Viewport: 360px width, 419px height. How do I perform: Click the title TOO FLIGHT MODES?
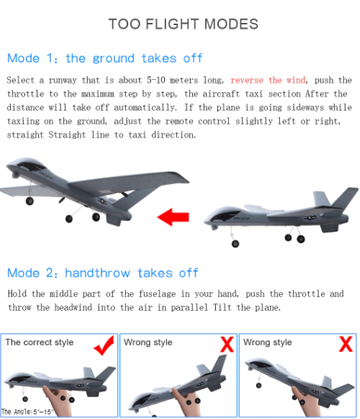[x=183, y=24]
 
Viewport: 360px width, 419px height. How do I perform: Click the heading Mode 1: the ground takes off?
[x=104, y=58]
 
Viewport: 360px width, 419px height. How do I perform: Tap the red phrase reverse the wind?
[x=267, y=80]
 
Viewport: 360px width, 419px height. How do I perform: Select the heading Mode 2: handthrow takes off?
[x=102, y=273]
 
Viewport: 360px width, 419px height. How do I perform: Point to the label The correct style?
[x=40, y=343]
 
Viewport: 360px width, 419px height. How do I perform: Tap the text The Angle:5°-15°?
[x=29, y=411]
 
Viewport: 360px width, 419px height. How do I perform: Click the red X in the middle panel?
[x=227, y=344]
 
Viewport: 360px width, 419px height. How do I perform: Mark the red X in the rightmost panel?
[x=346, y=344]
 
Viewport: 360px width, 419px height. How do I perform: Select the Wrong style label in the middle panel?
[x=148, y=343]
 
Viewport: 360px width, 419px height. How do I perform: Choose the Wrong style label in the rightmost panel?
[x=268, y=343]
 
